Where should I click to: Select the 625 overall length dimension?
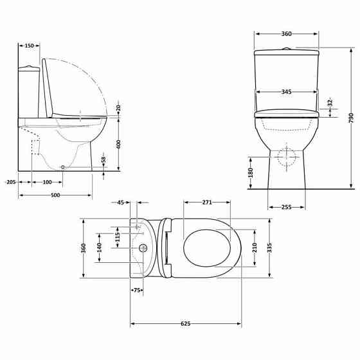[186, 323]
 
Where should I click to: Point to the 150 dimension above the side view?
[29, 46]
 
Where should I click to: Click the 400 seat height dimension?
[118, 145]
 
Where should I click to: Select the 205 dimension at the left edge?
[10, 183]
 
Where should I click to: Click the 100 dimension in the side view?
[47, 183]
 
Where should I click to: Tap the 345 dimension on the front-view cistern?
[286, 92]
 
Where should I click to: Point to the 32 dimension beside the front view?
[329, 102]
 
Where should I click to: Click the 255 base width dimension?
[287, 206]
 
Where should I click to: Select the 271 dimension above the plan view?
[206, 203]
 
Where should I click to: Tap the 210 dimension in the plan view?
[254, 247]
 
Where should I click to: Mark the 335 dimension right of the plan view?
[270, 247]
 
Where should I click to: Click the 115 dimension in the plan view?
[118, 237]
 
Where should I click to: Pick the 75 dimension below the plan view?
[137, 291]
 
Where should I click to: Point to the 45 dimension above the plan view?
[120, 203]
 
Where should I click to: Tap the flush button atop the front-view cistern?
[287, 48]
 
